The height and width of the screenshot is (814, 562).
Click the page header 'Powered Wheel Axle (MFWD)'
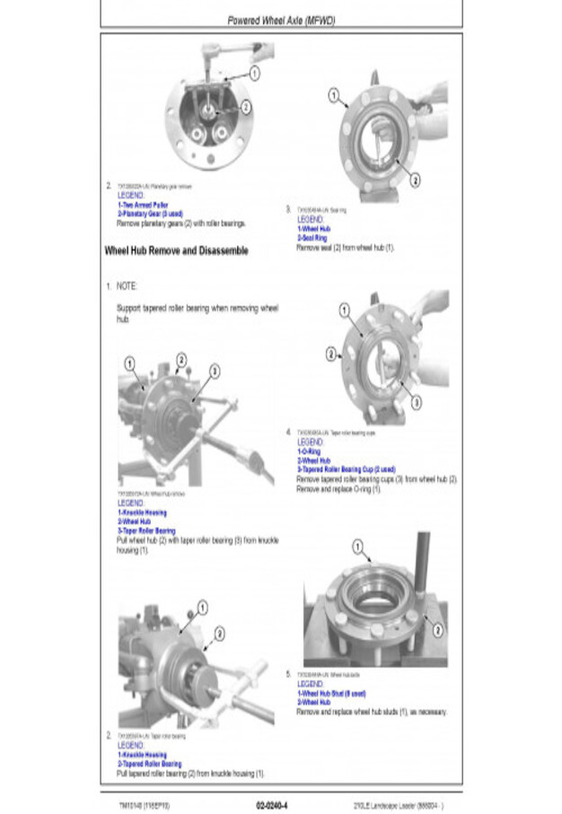(x=280, y=20)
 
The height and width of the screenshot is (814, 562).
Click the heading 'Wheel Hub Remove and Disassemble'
(x=176, y=251)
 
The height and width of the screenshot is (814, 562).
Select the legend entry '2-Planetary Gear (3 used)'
(x=150, y=214)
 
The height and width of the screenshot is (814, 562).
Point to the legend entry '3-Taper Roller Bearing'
(x=146, y=531)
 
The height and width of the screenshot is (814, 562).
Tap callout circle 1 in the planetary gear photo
(x=255, y=73)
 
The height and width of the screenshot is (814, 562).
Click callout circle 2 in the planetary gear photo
(x=246, y=106)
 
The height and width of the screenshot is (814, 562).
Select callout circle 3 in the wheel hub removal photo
(x=215, y=371)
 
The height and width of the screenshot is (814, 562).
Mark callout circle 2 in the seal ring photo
(x=415, y=180)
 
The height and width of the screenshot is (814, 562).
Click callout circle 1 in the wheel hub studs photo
(x=357, y=546)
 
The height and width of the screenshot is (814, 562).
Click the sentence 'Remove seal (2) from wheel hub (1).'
(x=346, y=247)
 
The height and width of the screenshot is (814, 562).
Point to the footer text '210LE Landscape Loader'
(x=398, y=804)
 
